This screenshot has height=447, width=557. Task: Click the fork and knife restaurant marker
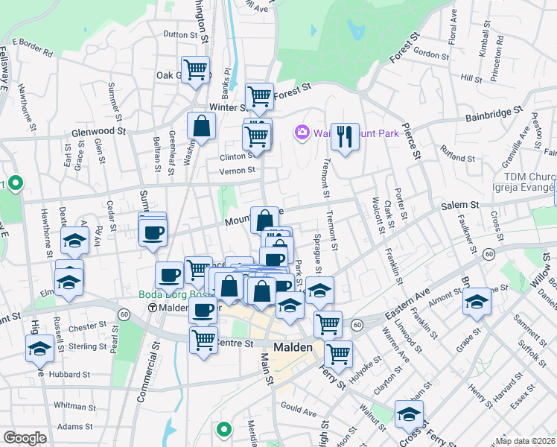tap(344, 136)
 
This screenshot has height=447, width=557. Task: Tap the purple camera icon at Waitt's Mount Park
tap(302, 133)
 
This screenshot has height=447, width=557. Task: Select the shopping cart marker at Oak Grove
tap(195, 70)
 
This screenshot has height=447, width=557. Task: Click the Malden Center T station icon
tap(153, 308)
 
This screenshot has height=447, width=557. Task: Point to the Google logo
tap(25, 438)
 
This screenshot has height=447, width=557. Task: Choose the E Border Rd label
tap(33, 46)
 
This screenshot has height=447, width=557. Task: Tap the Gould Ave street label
tap(298, 407)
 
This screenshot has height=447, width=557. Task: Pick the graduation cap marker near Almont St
tap(477, 301)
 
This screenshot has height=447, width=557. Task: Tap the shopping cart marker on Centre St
tap(203, 339)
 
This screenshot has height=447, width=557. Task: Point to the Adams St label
tap(74, 427)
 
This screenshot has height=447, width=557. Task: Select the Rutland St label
tap(457, 158)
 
